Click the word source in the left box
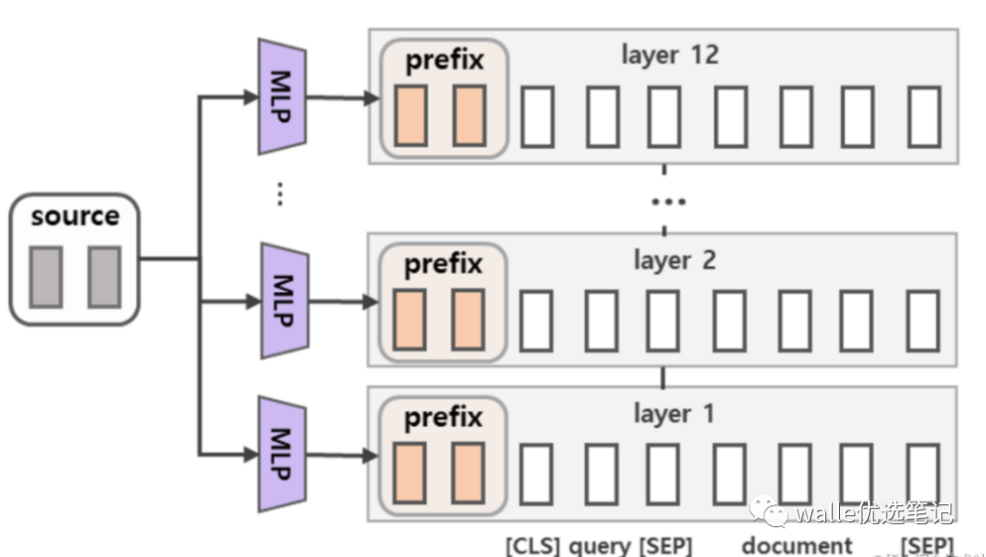coord(75,217)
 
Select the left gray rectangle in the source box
coord(46,276)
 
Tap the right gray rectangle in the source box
coord(104,276)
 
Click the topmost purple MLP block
coord(281,96)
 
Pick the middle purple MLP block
coord(281,300)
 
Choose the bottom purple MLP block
coord(281,454)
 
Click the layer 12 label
coord(670,55)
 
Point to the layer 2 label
coord(675,260)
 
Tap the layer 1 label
coord(675,414)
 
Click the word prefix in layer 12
coord(444,61)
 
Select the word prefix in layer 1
coord(444,418)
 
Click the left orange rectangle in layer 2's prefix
coord(410,320)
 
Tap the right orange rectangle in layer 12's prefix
coord(469,115)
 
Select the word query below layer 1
coord(600,546)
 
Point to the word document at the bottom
coord(797,546)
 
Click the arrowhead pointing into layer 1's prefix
coord(370,455)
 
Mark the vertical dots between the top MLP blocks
coord(280,194)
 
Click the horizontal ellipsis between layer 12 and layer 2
coord(667,201)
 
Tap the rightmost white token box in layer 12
coord(924,116)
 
